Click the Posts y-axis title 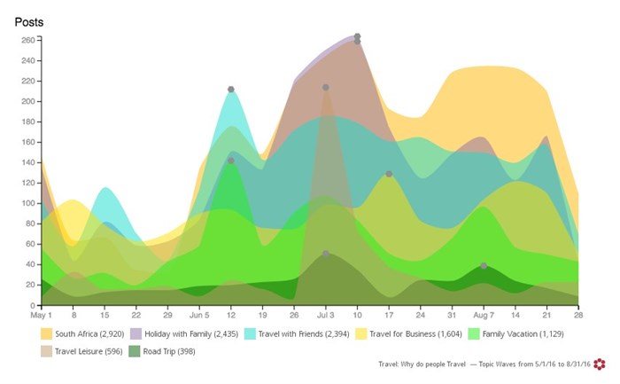[29, 21]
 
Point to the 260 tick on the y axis [27, 40]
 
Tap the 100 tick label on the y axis [27, 203]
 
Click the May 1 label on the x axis [42, 315]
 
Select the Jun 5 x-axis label [199, 315]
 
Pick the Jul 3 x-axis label [325, 315]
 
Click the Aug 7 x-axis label [483, 315]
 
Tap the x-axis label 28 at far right [577, 315]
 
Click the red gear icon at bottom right [600, 364]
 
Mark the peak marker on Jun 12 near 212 [231, 90]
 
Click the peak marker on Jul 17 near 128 [389, 174]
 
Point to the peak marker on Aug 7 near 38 [484, 266]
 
